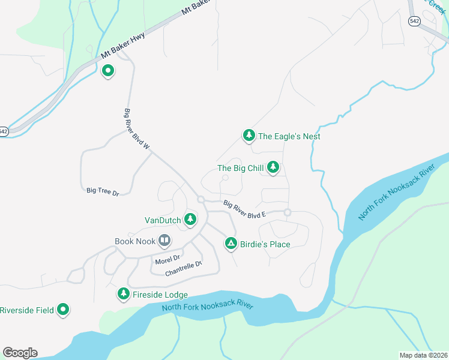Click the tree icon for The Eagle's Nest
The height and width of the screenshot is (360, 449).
pos(249,136)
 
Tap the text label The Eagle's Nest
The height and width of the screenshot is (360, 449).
pos(289,136)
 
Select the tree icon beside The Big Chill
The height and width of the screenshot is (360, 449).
pos(273,167)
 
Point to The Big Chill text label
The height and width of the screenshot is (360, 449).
pos(240,169)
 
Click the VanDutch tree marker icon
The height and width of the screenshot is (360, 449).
pos(190,220)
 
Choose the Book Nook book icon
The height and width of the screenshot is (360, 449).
pos(164,241)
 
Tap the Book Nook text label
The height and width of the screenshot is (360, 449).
pos(134,242)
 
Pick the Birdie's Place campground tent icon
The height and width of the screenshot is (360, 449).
pos(231,244)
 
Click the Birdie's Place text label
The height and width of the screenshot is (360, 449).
pos(265,244)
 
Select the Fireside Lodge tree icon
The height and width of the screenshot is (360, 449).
pos(123,294)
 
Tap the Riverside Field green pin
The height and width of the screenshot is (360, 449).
pos(63,310)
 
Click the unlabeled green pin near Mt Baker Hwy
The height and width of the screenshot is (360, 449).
pos(108,71)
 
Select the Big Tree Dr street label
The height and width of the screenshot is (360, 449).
pos(103,191)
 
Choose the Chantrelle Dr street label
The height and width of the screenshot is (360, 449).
pos(184,268)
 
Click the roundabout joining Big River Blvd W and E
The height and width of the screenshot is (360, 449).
pos(200,199)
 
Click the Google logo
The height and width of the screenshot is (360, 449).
pos(20,352)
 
